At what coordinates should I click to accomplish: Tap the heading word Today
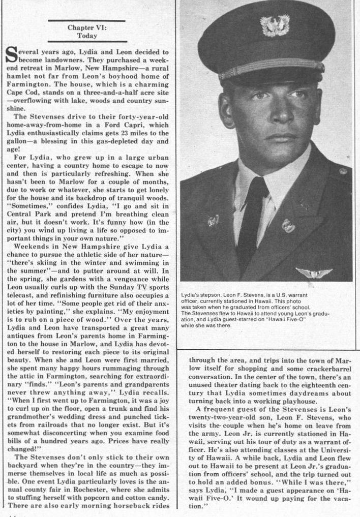87,36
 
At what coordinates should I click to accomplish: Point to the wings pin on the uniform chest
314,273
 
